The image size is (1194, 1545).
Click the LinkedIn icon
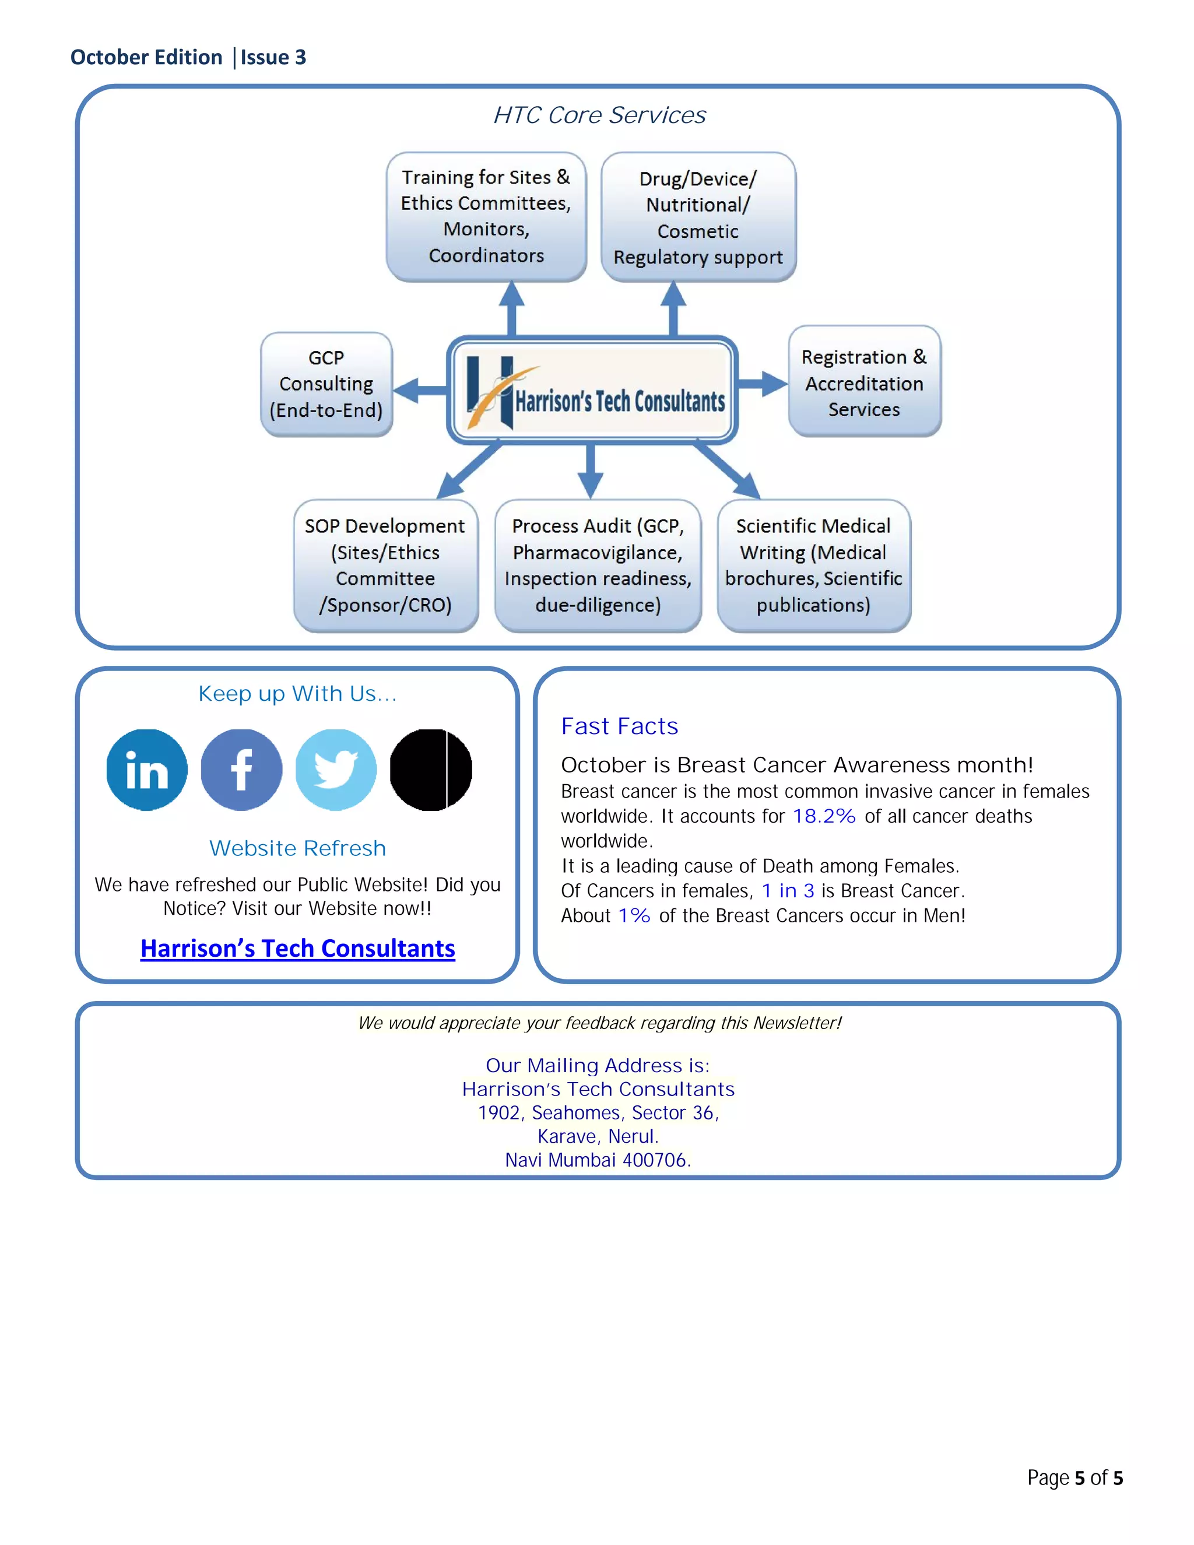click(x=146, y=770)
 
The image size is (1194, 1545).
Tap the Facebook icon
click(x=241, y=770)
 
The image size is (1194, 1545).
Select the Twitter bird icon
click(x=336, y=770)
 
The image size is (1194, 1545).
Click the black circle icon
click(x=431, y=770)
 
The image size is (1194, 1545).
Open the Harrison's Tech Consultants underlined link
click(x=297, y=948)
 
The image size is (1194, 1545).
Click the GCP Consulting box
click(x=326, y=384)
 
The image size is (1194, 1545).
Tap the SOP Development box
click(x=385, y=565)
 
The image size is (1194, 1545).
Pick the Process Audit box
click(x=598, y=565)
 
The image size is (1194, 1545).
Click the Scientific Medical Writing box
click(x=813, y=565)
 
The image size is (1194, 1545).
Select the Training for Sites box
click(x=486, y=216)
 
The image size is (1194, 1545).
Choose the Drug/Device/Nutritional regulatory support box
click(x=698, y=217)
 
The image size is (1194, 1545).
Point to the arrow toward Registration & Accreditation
click(x=763, y=384)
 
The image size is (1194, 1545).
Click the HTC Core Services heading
click(x=599, y=115)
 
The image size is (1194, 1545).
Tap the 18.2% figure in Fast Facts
click(x=824, y=816)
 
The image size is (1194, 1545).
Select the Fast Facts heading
click(x=619, y=726)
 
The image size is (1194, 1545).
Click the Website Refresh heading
click(x=297, y=848)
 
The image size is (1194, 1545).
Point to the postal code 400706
click(x=655, y=1160)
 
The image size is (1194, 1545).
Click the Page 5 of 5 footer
click(x=1074, y=1477)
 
